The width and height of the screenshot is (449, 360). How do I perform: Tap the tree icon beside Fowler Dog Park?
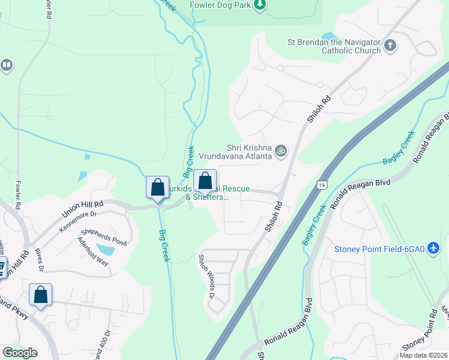pos(259,5)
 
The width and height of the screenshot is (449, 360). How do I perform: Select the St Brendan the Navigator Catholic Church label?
pos(334,46)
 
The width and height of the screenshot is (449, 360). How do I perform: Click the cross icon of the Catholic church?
pos(390,46)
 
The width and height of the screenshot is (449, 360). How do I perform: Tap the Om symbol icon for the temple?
pos(281,151)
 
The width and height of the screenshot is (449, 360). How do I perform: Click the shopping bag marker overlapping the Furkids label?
pos(205,181)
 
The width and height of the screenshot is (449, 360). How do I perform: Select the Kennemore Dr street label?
pos(77,220)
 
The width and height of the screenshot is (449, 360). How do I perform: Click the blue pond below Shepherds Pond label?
pos(105,250)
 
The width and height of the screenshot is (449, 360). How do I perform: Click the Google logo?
pos(20,353)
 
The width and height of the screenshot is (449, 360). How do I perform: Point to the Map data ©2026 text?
pos(423,355)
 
